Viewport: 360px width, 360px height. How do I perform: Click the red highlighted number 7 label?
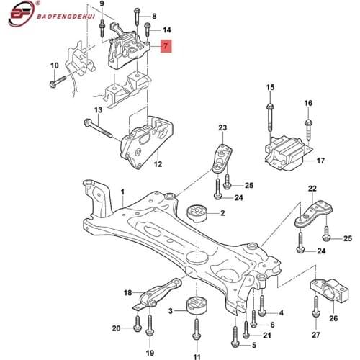pos(166,48)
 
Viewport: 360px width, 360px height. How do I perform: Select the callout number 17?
pos(321,161)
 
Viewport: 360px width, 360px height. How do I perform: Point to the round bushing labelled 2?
pos(197,215)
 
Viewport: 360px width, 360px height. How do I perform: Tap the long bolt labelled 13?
pos(102,130)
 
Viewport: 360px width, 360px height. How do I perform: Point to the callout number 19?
pos(150,354)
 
